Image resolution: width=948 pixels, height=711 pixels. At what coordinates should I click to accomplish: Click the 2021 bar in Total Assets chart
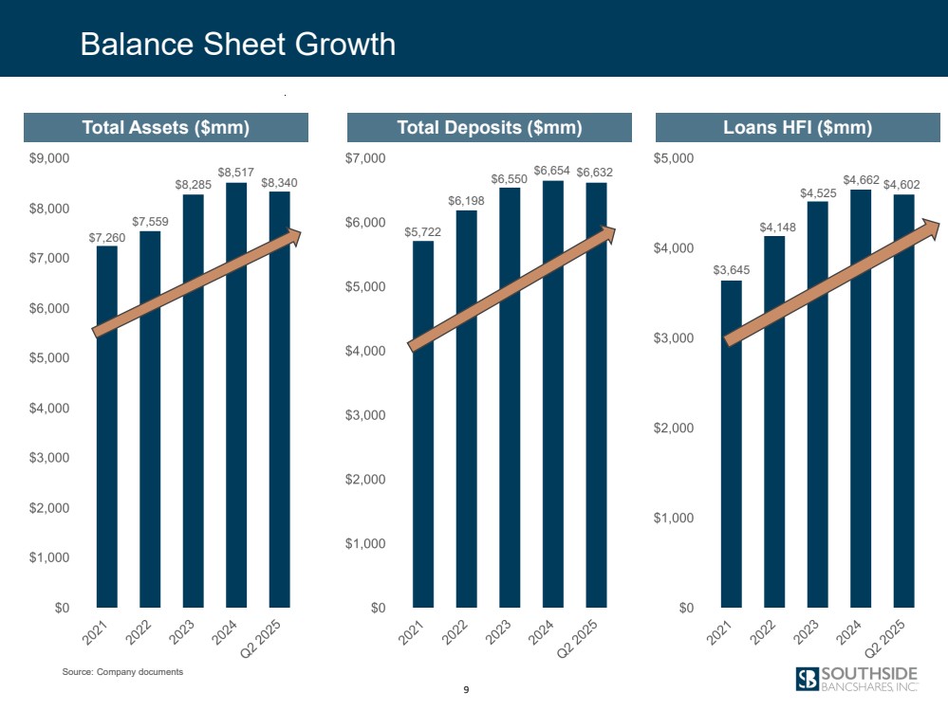(107, 427)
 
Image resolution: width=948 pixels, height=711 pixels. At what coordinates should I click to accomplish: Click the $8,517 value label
(235, 173)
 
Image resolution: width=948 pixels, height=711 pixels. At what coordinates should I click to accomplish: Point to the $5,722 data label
(422, 230)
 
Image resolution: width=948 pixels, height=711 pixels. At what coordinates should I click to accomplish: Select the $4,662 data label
(860, 179)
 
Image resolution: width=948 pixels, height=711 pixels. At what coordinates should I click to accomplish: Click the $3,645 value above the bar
(731, 270)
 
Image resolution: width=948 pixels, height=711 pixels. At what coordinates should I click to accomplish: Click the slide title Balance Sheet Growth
(237, 44)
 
